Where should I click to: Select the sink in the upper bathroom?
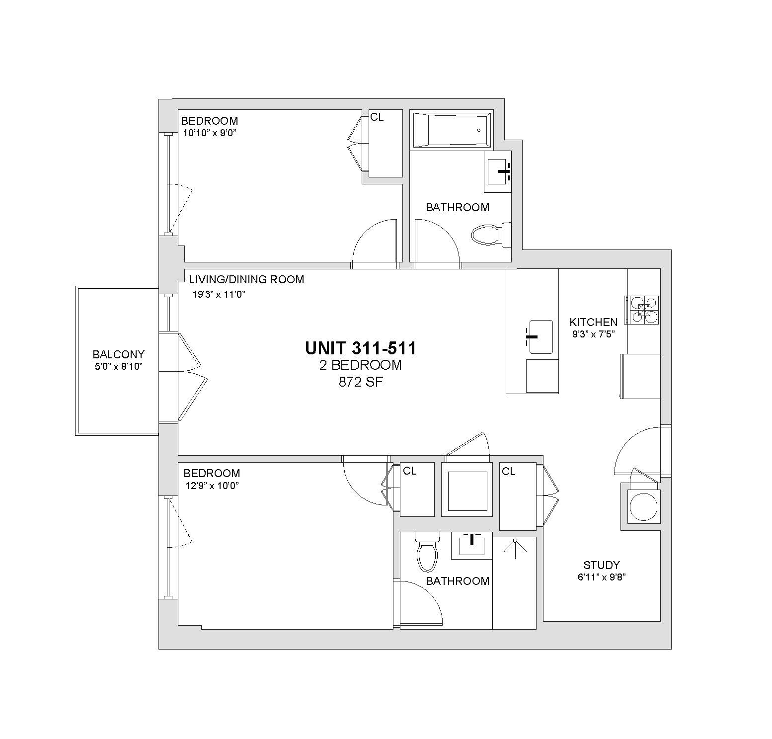pos(498,171)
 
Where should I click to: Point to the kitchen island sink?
pos(540,337)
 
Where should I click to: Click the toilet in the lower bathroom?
pos(427,552)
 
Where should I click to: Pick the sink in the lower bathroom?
pos(471,545)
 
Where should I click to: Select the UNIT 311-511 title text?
pos(361,348)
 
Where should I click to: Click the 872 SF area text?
pos(361,382)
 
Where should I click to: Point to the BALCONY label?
pos(118,354)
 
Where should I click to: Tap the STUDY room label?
pos(602,565)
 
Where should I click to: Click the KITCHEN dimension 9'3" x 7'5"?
pos(594,334)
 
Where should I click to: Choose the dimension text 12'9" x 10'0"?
pos(213,486)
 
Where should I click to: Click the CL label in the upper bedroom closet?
pos(377,117)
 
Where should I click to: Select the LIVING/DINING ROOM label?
pos(246,279)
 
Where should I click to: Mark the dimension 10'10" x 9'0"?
pos(209,133)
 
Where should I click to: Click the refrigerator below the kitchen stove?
pos(640,376)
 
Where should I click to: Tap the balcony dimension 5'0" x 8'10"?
pos(118,367)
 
